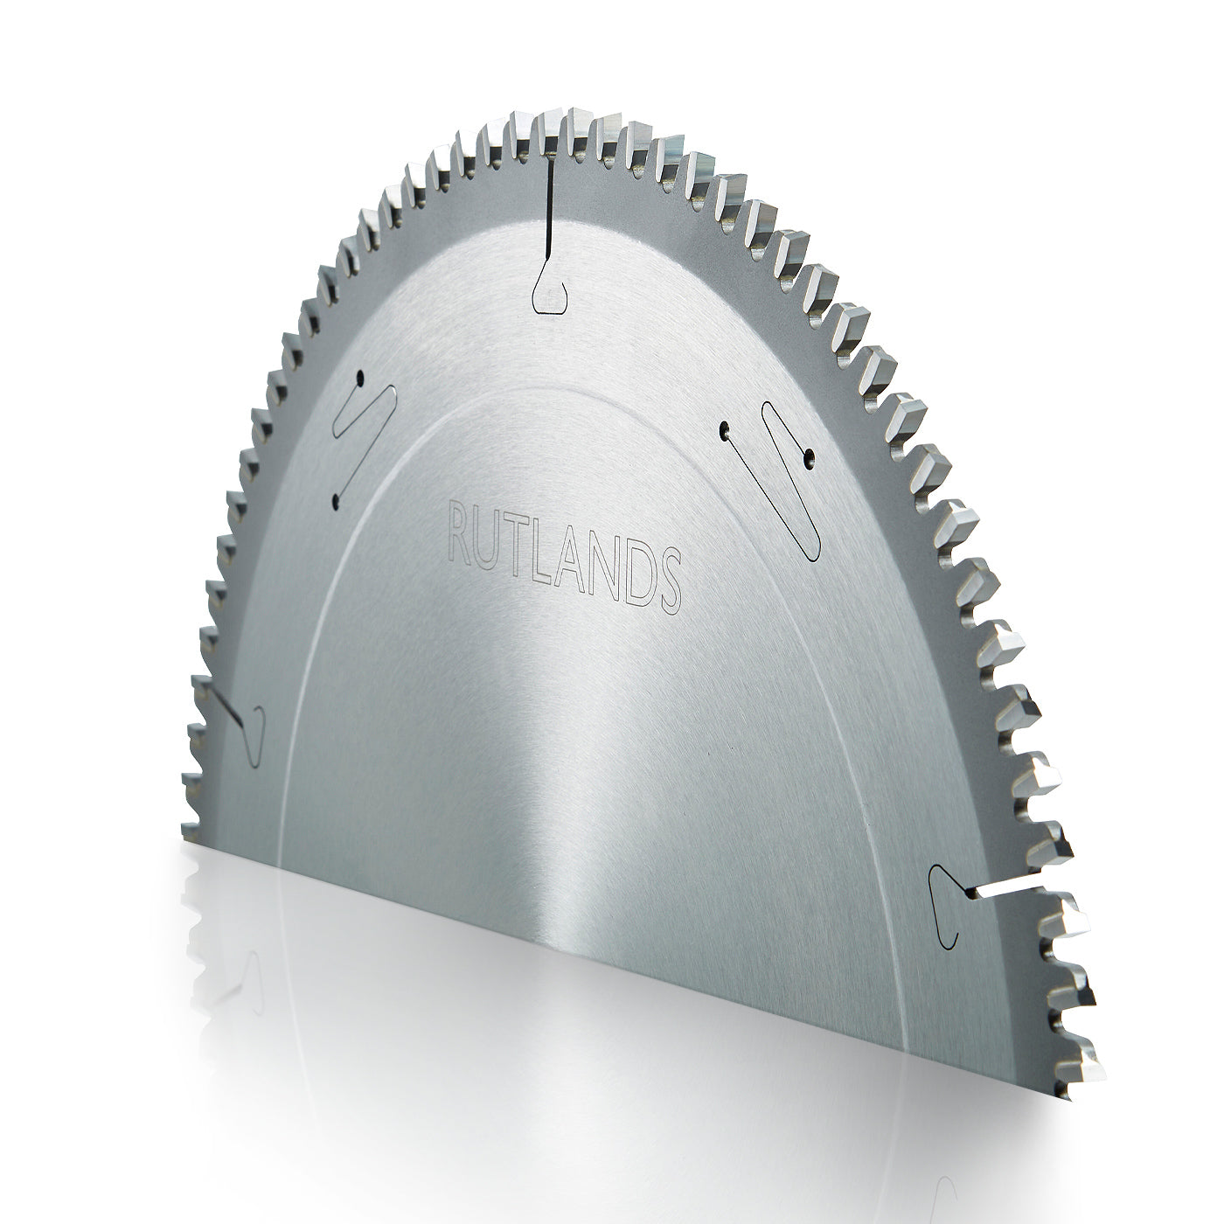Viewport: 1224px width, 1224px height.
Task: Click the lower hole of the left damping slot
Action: point(336,501)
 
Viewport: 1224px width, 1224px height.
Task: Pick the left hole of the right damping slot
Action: point(725,428)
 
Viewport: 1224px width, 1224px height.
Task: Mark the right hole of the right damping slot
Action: point(810,455)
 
